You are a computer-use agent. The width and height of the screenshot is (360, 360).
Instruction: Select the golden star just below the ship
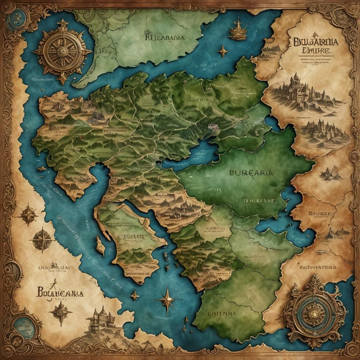222,52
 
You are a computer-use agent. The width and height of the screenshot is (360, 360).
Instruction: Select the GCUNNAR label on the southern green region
222,312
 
